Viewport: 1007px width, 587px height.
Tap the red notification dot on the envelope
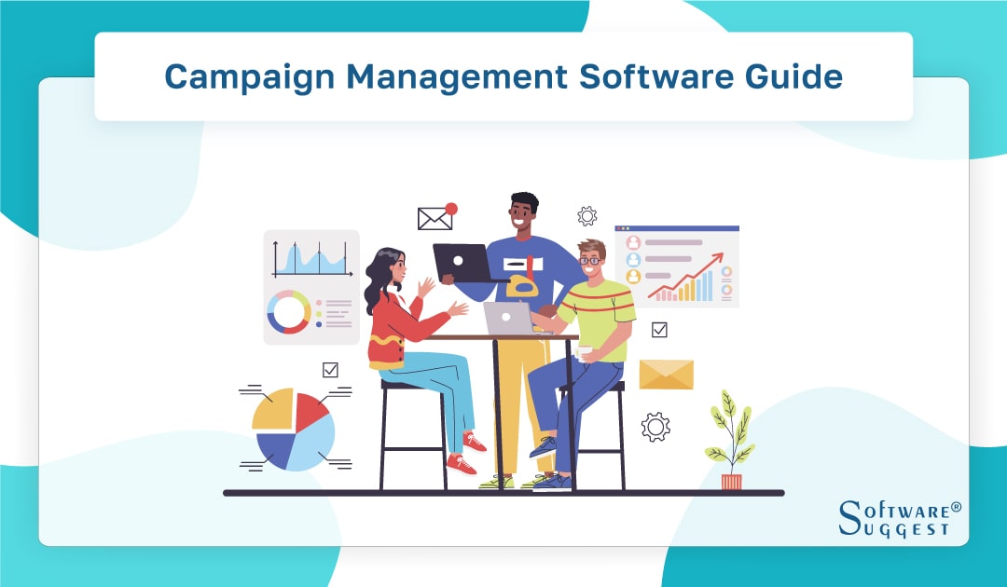click(451, 209)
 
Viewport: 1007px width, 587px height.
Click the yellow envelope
click(666, 375)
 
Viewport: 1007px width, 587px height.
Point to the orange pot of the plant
click(732, 482)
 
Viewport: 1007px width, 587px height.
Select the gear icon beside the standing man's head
click(586, 216)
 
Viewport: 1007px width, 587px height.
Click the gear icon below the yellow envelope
click(655, 426)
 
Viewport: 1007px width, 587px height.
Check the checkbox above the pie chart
click(330, 370)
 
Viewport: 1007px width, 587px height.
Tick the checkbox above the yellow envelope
click(659, 329)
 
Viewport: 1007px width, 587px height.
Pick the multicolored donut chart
click(288, 312)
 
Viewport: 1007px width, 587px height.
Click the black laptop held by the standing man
click(462, 262)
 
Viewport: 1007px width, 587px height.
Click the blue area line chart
click(311, 258)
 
